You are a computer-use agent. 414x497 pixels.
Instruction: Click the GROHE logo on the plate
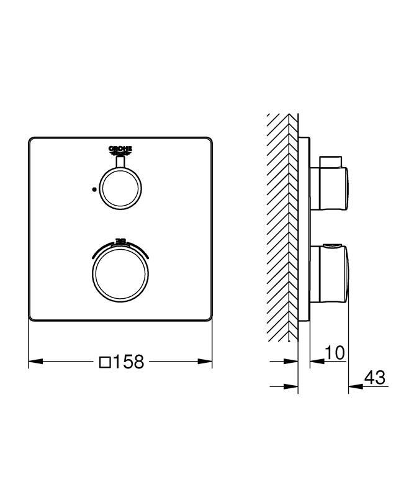[121, 149]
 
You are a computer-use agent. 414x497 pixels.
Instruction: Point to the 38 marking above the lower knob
[121, 240]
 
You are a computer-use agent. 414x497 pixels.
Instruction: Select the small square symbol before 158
[106, 362]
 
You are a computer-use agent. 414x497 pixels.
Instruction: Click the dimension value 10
[334, 353]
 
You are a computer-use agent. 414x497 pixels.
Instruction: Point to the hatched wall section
[282, 230]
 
